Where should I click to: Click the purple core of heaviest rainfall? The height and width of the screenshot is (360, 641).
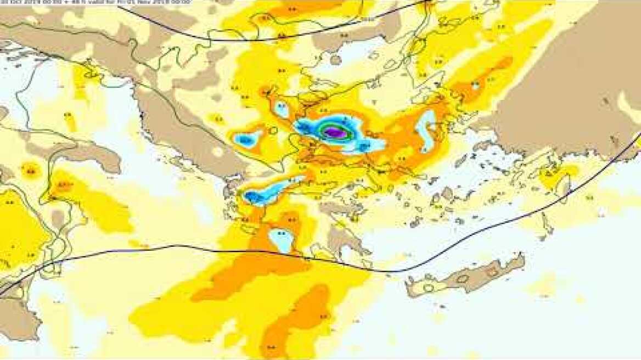tap(335, 132)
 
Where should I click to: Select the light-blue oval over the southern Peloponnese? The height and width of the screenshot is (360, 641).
tap(281, 241)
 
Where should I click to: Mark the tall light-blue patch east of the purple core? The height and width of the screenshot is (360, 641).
tap(425, 132)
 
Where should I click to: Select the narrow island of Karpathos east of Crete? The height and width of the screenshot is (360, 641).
tap(546, 225)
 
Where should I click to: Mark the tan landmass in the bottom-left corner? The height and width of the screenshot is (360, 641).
tap(16, 318)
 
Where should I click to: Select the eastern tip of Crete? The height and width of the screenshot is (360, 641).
tap(519, 261)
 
